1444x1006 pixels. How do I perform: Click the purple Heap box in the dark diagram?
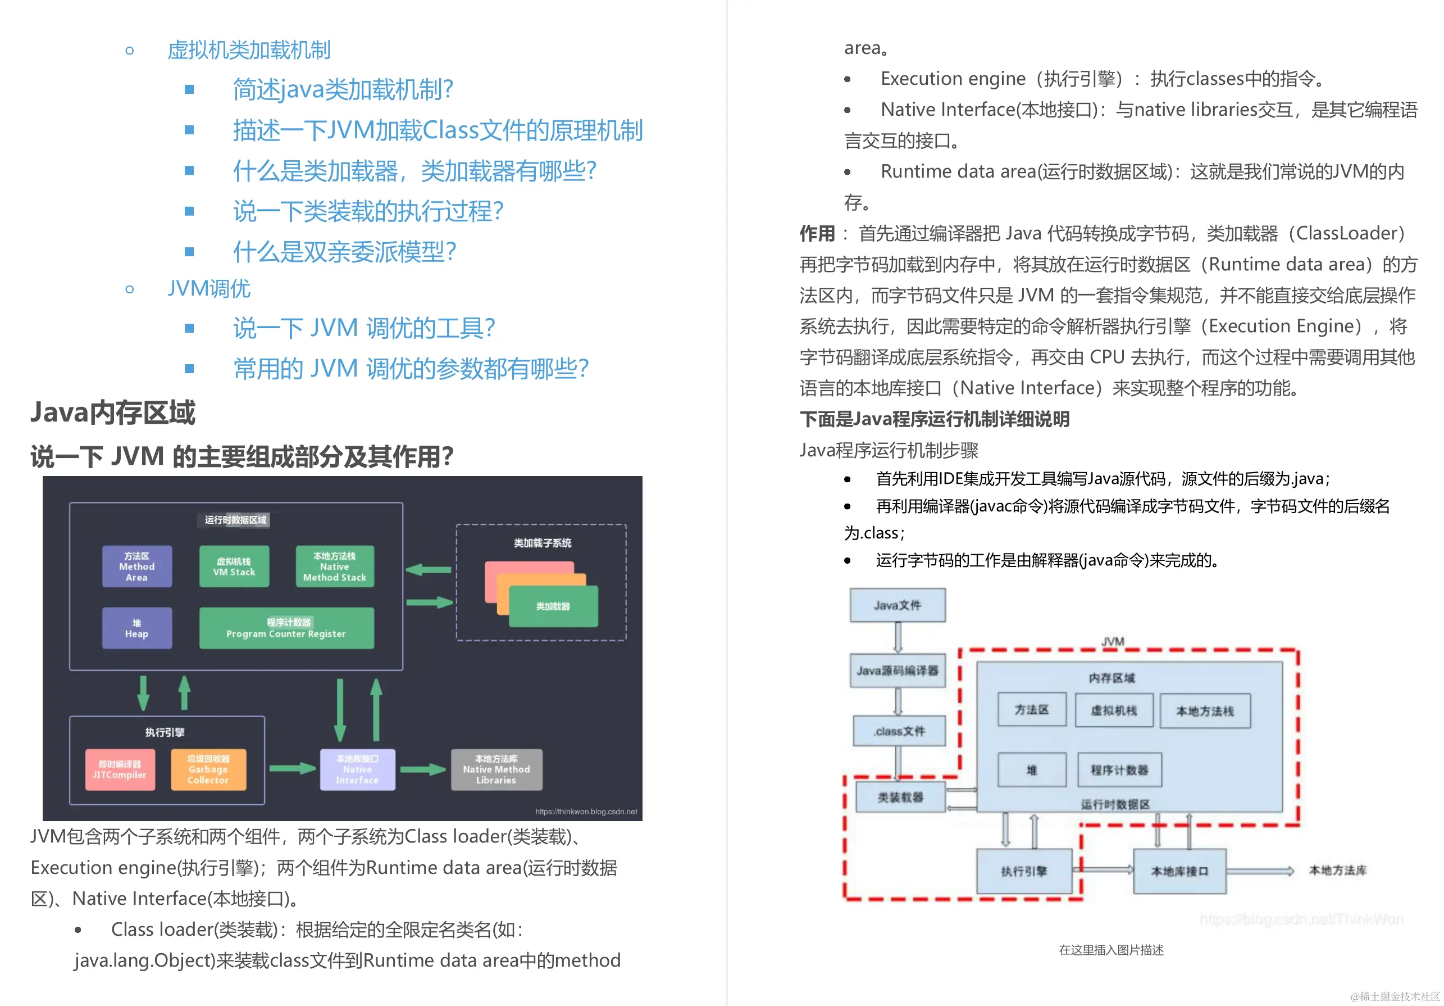(x=137, y=628)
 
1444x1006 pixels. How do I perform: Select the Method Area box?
(x=137, y=567)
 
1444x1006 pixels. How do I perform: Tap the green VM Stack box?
(x=234, y=567)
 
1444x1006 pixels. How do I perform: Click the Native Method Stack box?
(x=335, y=567)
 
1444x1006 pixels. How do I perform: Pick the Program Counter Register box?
(x=286, y=628)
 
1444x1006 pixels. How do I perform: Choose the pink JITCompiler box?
(x=120, y=769)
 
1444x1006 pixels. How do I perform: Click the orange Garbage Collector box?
(x=208, y=769)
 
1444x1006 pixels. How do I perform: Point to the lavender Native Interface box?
(x=357, y=769)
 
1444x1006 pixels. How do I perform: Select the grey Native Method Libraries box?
(x=496, y=769)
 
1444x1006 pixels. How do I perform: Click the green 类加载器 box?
(x=553, y=606)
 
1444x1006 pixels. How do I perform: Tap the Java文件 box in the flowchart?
(x=898, y=605)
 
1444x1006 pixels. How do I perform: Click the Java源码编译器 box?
(x=898, y=670)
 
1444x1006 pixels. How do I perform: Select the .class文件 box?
(x=899, y=731)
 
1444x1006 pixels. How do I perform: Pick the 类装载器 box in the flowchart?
(x=901, y=797)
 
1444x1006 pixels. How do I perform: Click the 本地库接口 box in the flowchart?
(x=1179, y=871)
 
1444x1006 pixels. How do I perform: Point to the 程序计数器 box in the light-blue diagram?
(x=1119, y=769)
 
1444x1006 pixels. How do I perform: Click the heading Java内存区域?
(x=113, y=413)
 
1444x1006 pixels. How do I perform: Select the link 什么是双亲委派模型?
(x=344, y=252)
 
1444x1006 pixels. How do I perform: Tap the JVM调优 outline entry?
(x=209, y=289)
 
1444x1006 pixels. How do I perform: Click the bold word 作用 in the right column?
(x=817, y=233)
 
